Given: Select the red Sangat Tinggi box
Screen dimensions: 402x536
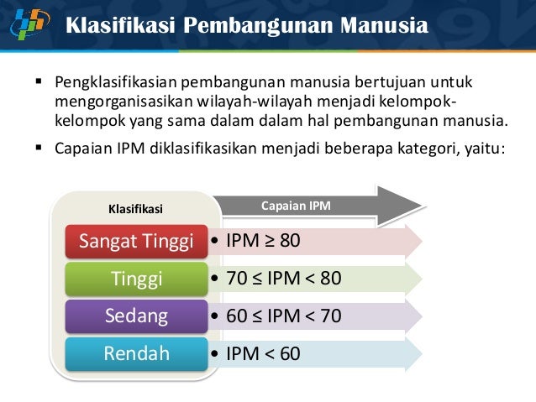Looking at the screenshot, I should coord(137,241).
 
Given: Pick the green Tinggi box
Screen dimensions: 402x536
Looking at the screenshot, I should coord(137,279).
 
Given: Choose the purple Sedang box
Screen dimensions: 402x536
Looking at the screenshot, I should coord(137,316).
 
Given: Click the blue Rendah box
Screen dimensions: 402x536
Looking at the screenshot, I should coord(137,353).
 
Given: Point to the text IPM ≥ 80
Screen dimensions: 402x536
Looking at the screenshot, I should coord(263,241).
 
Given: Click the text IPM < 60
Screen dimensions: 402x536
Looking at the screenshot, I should coord(263,353).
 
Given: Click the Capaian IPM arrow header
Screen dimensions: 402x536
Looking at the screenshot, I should coord(295,205).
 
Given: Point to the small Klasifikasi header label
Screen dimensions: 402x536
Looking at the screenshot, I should coord(137,207).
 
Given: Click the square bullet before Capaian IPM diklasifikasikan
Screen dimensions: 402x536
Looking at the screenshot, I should coord(38,149).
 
